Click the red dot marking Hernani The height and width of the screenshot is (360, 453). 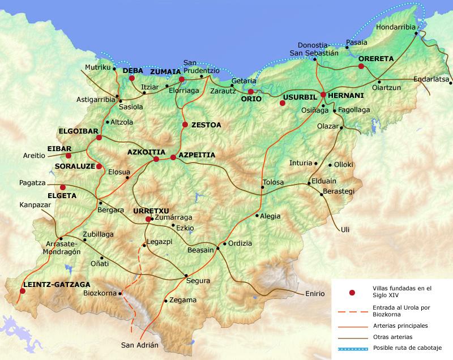323,95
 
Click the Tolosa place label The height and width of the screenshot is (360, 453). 272,182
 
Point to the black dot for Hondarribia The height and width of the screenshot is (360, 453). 416,33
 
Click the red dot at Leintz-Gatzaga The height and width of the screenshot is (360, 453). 22,291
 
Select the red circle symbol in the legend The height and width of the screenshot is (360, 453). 352,292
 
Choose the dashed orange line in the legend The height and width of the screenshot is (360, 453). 352,311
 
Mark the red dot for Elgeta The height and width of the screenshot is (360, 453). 63,187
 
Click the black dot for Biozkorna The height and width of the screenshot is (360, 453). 121,293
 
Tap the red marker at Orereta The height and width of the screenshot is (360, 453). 361,66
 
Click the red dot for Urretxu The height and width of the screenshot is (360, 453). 148,219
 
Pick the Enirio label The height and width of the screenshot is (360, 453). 314,293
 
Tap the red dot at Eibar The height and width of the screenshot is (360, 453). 69,156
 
